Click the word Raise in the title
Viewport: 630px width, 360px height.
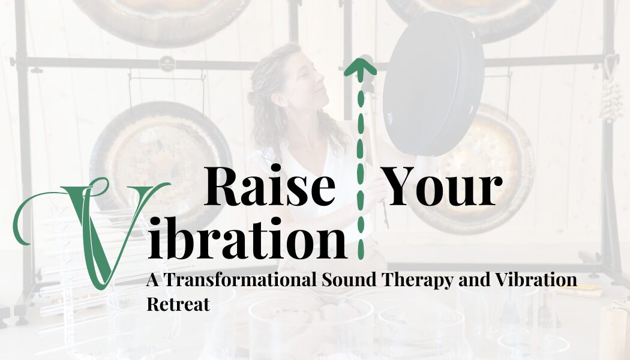tap(269, 185)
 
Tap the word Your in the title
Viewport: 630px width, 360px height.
tap(442, 185)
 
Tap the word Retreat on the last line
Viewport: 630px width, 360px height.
tap(178, 304)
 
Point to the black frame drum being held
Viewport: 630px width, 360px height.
tap(433, 83)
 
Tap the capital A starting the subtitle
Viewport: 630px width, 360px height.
tap(153, 280)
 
